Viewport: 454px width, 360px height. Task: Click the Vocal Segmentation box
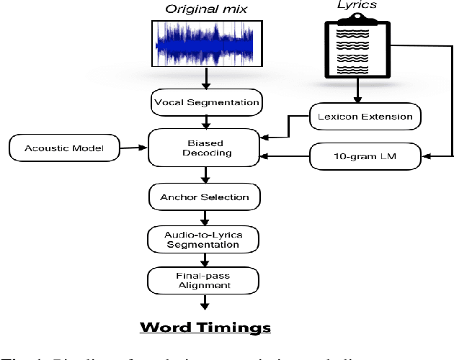(206, 102)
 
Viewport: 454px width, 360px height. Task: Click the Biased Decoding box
(205, 147)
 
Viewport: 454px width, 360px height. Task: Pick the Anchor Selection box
(205, 197)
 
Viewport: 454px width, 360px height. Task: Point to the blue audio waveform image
(205, 44)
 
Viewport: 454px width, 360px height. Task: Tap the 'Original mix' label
(205, 9)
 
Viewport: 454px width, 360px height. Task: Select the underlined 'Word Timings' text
(205, 328)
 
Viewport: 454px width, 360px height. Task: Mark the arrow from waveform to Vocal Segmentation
(206, 78)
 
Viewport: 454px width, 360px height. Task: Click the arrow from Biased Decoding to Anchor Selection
(206, 175)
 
